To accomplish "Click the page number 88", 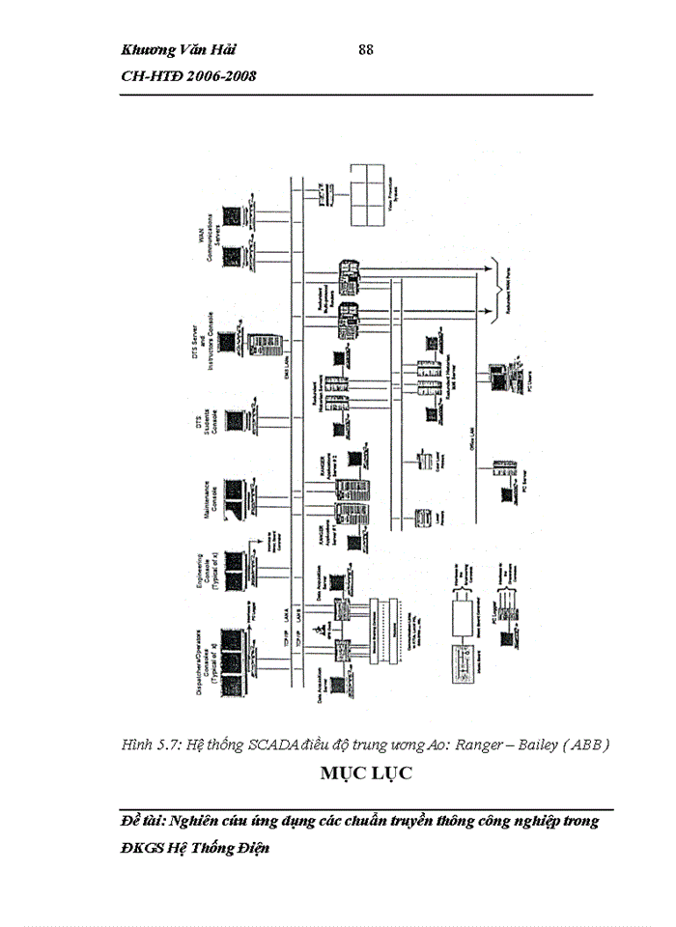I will point(365,50).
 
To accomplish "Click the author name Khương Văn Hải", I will point(180,50).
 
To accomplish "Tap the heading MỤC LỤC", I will point(366,773).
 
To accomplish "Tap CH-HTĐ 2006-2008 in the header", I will point(188,76).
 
